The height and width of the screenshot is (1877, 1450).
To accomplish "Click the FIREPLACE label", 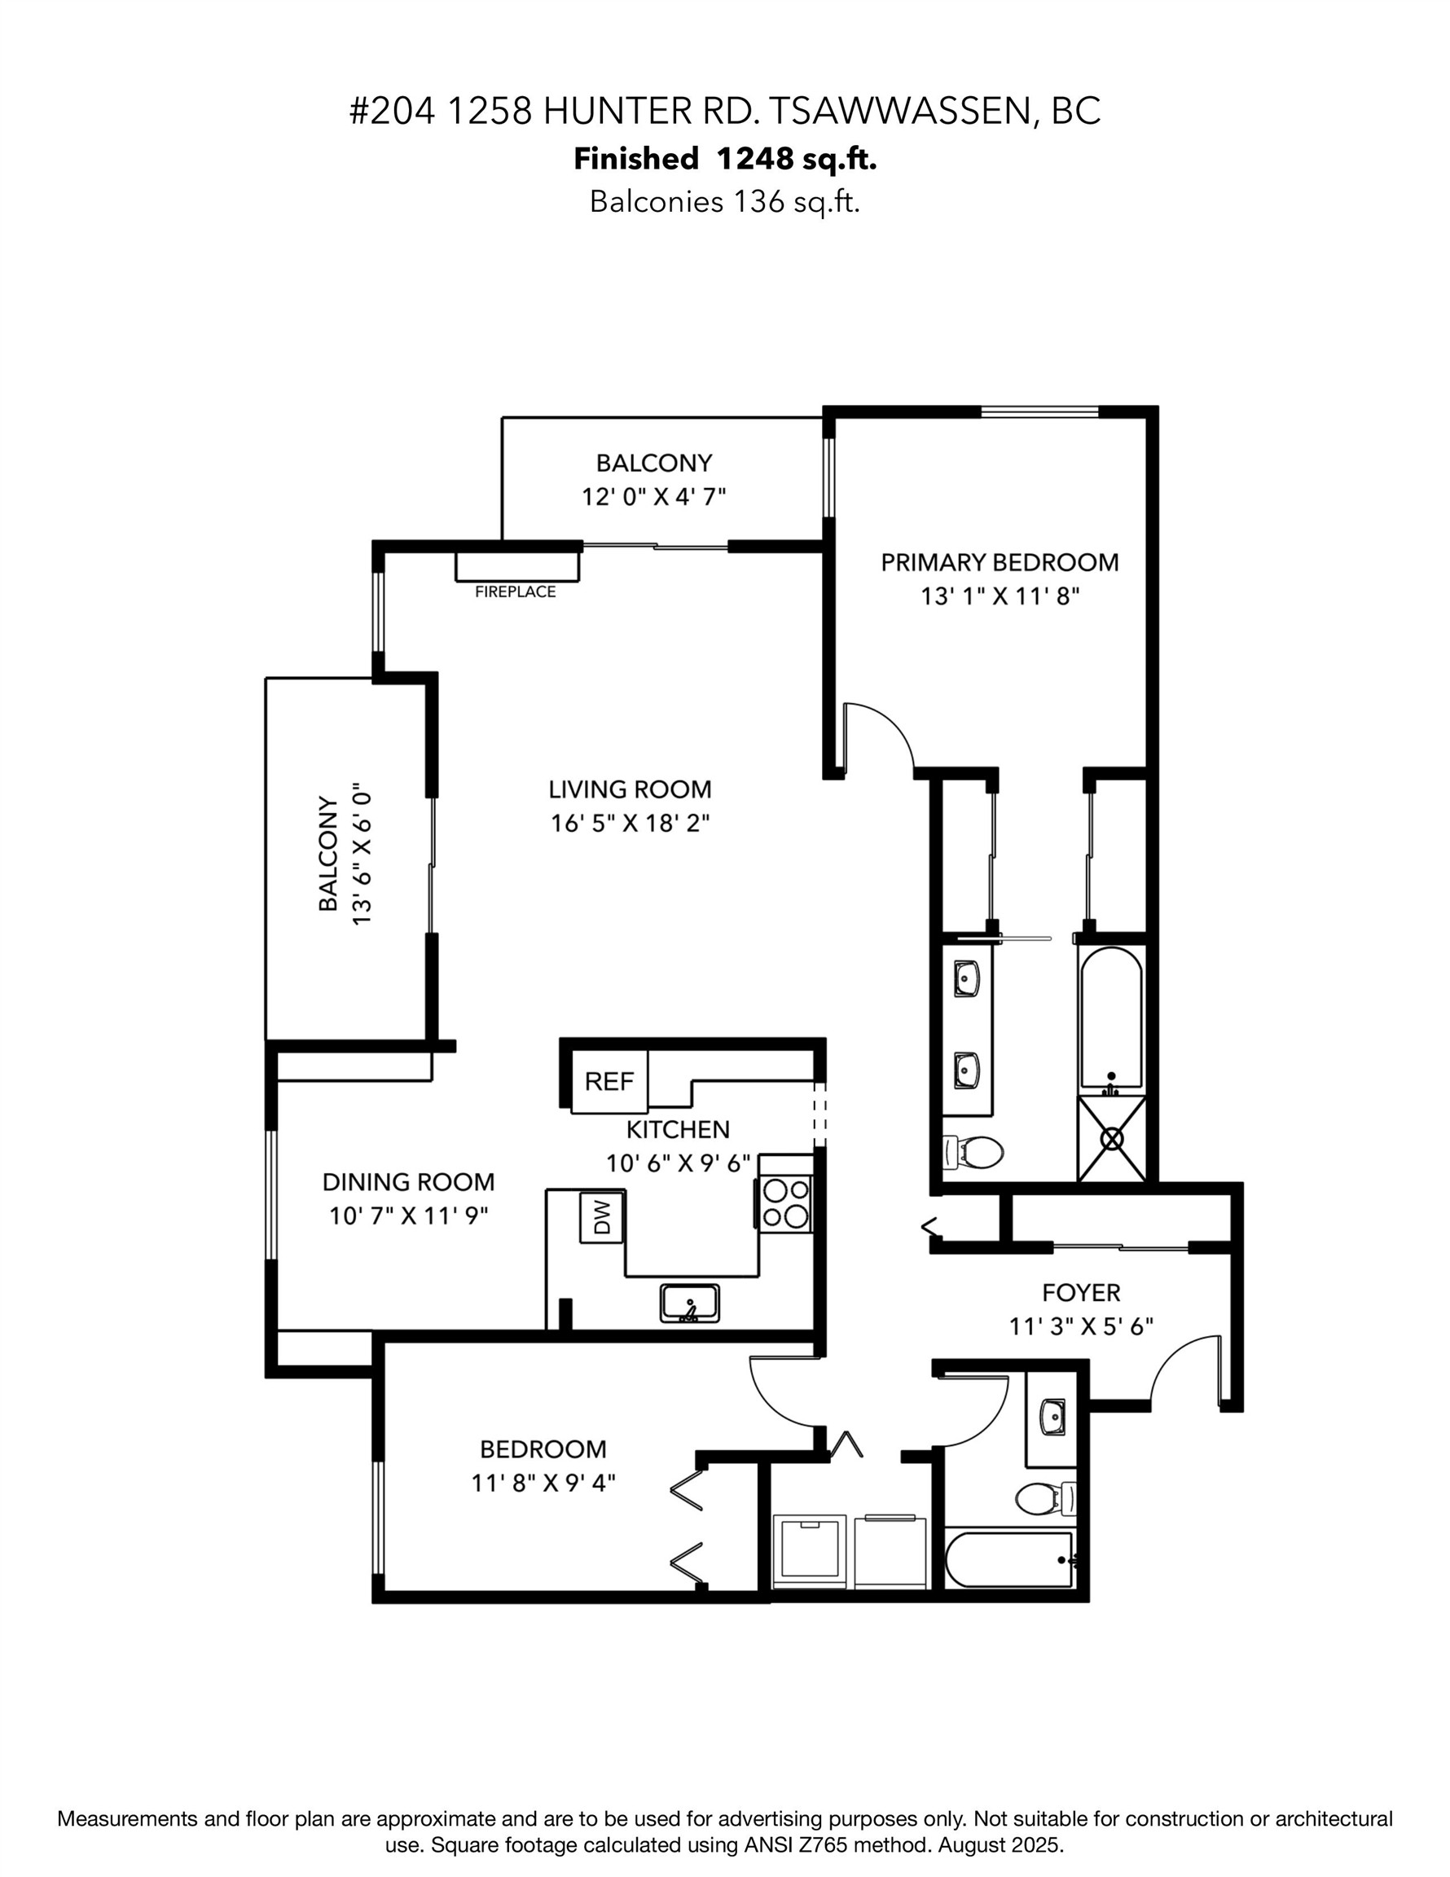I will pyautogui.click(x=515, y=591).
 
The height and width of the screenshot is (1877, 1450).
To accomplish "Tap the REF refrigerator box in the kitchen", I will pyautogui.click(x=609, y=1081).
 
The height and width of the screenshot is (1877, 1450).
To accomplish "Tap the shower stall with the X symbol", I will pyautogui.click(x=1112, y=1140).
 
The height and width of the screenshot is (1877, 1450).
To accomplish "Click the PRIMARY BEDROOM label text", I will pyautogui.click(x=1000, y=563).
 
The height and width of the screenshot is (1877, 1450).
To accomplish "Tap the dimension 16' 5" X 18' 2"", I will pyautogui.click(x=630, y=824).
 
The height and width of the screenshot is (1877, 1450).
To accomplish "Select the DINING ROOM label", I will pyautogui.click(x=408, y=1182).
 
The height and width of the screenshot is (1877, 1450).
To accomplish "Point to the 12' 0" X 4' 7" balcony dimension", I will pyautogui.click(x=654, y=497).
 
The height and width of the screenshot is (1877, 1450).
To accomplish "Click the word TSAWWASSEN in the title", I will pyautogui.click(x=899, y=112).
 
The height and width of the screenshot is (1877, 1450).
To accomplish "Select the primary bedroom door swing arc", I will pyautogui.click(x=881, y=731).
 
